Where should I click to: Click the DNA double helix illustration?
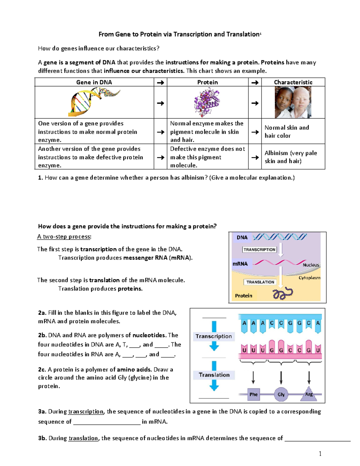94,102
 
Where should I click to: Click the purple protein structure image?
207,102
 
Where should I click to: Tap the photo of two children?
293,102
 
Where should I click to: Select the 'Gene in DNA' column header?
94,82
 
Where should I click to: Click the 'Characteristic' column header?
293,82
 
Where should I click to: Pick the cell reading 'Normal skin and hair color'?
293,131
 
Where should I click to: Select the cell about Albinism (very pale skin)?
293,157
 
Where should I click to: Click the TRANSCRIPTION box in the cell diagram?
259,250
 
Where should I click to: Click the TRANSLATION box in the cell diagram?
260,282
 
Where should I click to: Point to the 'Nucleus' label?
311,265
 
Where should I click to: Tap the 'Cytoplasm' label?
309,278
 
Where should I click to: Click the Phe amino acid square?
253,394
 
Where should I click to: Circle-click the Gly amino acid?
281,394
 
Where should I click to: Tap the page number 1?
320,454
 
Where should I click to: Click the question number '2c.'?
42,370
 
